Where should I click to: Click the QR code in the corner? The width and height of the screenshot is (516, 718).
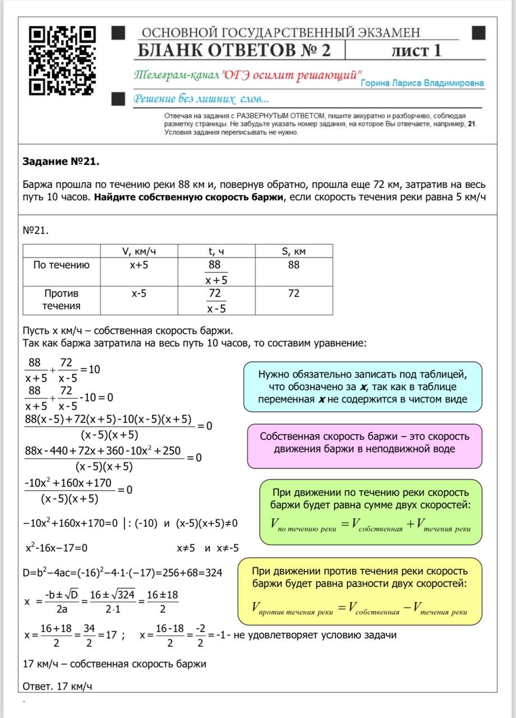coord(62,61)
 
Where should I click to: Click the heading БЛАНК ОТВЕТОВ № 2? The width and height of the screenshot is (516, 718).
coord(234,50)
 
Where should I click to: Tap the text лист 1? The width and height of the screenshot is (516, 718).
coord(416,50)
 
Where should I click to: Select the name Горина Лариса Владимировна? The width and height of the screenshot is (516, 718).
coord(422,83)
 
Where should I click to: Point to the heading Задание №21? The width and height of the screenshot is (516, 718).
coord(61,162)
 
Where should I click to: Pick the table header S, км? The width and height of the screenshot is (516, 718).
coord(294,251)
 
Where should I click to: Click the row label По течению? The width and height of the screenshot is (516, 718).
coord(61,265)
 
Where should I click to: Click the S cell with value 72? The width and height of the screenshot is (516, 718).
coord(294,293)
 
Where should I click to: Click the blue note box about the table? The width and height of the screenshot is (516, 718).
coord(362,386)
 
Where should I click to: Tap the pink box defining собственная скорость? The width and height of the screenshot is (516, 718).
coord(364,443)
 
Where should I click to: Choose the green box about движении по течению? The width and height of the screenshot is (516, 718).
coord(370,511)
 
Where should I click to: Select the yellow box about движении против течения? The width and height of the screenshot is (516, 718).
coord(359,591)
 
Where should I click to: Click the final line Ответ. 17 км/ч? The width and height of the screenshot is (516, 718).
coord(57,686)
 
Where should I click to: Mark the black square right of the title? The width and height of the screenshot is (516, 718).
coord(478,33)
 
